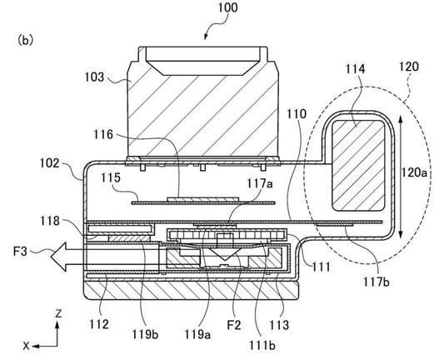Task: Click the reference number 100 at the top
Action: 227,7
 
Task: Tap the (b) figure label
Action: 26,40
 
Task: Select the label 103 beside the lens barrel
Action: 94,77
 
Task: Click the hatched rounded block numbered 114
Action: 358,166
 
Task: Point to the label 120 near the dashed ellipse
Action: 409,67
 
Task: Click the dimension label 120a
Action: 414,172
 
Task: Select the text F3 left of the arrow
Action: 20,251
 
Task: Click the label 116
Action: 103,134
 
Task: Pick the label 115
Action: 111,177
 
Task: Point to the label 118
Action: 50,221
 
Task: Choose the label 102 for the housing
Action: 49,163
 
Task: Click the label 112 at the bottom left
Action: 99,324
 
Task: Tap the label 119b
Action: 145,335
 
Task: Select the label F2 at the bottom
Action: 234,326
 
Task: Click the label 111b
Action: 262,345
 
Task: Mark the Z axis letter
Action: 58,314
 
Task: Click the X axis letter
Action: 27,346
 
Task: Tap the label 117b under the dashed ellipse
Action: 377,282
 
